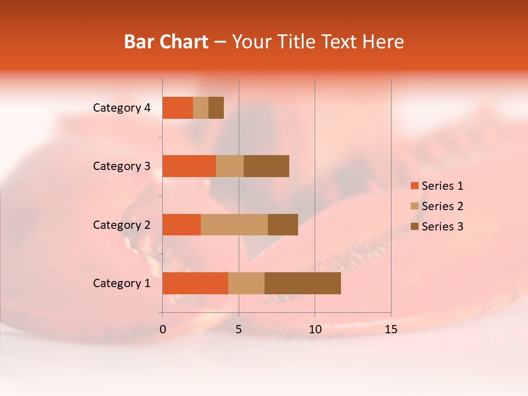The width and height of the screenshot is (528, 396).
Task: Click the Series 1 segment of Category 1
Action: point(195,283)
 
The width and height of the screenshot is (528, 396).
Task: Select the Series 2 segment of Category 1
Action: point(246,283)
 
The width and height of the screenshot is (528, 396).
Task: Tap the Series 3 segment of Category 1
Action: point(302,283)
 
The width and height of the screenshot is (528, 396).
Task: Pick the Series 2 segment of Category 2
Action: point(234,224)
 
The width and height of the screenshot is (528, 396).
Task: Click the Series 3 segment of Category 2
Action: point(283,224)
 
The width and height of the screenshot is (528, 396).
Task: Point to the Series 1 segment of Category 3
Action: point(189,166)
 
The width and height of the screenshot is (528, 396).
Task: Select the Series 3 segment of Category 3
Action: point(266,166)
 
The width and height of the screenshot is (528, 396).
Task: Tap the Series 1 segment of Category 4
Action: point(178,108)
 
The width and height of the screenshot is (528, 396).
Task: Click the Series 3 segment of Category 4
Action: point(216,108)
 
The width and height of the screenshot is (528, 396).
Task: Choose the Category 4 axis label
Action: point(122,108)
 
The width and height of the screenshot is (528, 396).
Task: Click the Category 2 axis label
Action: point(122,224)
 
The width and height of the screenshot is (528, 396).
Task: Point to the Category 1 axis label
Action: point(122,283)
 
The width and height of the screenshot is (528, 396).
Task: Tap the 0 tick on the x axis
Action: point(163,329)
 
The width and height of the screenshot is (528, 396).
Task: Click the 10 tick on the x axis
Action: point(315,329)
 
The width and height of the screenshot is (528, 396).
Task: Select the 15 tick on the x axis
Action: point(391,329)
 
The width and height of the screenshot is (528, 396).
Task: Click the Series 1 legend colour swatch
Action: point(414,186)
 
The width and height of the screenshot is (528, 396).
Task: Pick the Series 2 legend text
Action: point(442,206)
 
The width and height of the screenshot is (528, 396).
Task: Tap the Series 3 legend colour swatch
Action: point(414,227)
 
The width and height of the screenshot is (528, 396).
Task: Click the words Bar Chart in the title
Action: point(166,42)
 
